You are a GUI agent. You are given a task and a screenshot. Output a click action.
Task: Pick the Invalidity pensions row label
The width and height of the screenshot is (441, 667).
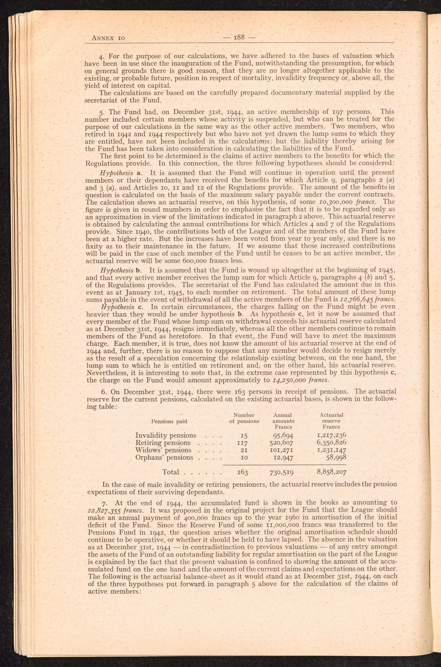(x=166, y=435)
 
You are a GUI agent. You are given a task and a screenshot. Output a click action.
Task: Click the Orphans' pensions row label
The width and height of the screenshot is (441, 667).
(x=164, y=457)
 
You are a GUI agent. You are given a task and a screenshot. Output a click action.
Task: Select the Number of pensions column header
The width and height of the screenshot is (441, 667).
(x=244, y=418)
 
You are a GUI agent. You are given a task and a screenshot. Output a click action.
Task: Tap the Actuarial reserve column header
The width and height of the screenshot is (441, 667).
(x=331, y=421)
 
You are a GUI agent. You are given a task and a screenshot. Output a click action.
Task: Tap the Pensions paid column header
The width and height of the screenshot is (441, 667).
(x=169, y=421)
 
